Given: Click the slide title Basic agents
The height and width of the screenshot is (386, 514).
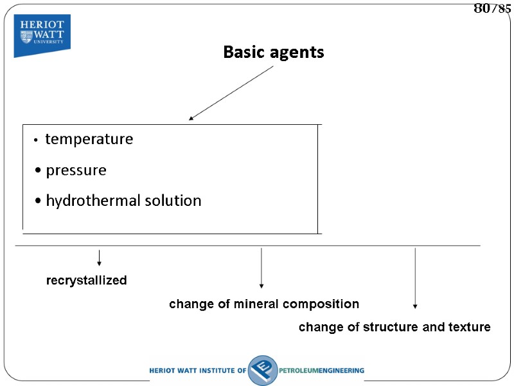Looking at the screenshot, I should pos(274,52).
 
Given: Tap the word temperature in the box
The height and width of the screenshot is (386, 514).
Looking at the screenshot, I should pos(89,139).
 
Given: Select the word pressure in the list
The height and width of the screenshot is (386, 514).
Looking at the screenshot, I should pos(76,170).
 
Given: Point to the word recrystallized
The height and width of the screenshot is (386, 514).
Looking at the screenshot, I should pos(86,280).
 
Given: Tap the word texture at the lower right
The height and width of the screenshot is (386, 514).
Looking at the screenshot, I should pos(470,327).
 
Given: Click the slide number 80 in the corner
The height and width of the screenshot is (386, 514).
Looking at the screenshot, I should pos(481,8).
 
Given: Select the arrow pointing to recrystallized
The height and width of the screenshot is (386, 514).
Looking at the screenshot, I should pos(99,258).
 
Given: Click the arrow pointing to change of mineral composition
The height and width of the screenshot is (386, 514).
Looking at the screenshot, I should pos(261,268).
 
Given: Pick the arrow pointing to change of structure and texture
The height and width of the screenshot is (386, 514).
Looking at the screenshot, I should pos(415,279).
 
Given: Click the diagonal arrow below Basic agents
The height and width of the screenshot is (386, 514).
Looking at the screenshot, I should pos(231,93).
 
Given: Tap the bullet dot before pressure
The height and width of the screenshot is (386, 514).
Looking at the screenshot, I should pos(39,171).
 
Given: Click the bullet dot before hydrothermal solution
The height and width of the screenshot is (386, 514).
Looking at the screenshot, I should pos(39,201).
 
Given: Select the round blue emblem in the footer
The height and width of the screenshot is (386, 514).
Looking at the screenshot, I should pos(262,370).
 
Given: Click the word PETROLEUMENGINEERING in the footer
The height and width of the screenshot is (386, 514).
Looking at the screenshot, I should pos(322,371).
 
